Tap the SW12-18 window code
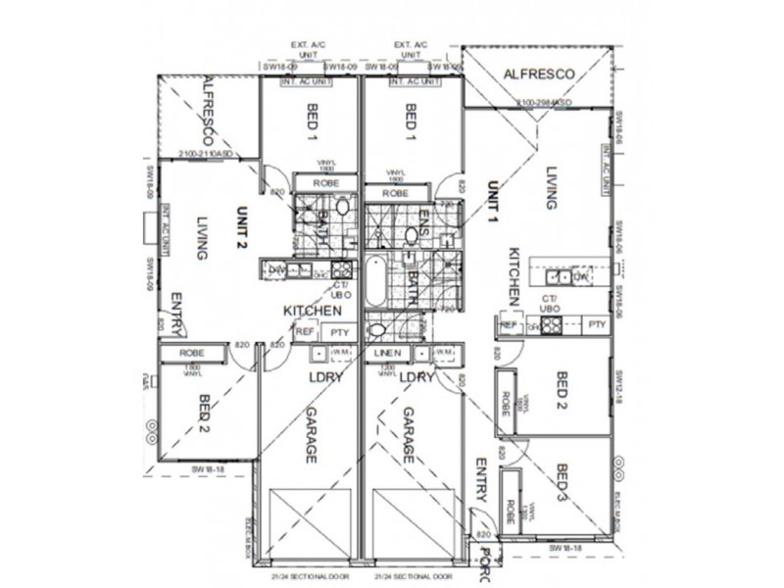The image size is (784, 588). click(618, 384)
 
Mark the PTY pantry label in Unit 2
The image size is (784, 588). click(339, 333)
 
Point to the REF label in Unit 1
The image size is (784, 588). click(508, 325)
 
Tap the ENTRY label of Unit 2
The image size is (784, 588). click(177, 314)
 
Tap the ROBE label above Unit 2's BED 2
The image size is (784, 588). click(191, 352)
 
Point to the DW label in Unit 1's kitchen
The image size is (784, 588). click(580, 276)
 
